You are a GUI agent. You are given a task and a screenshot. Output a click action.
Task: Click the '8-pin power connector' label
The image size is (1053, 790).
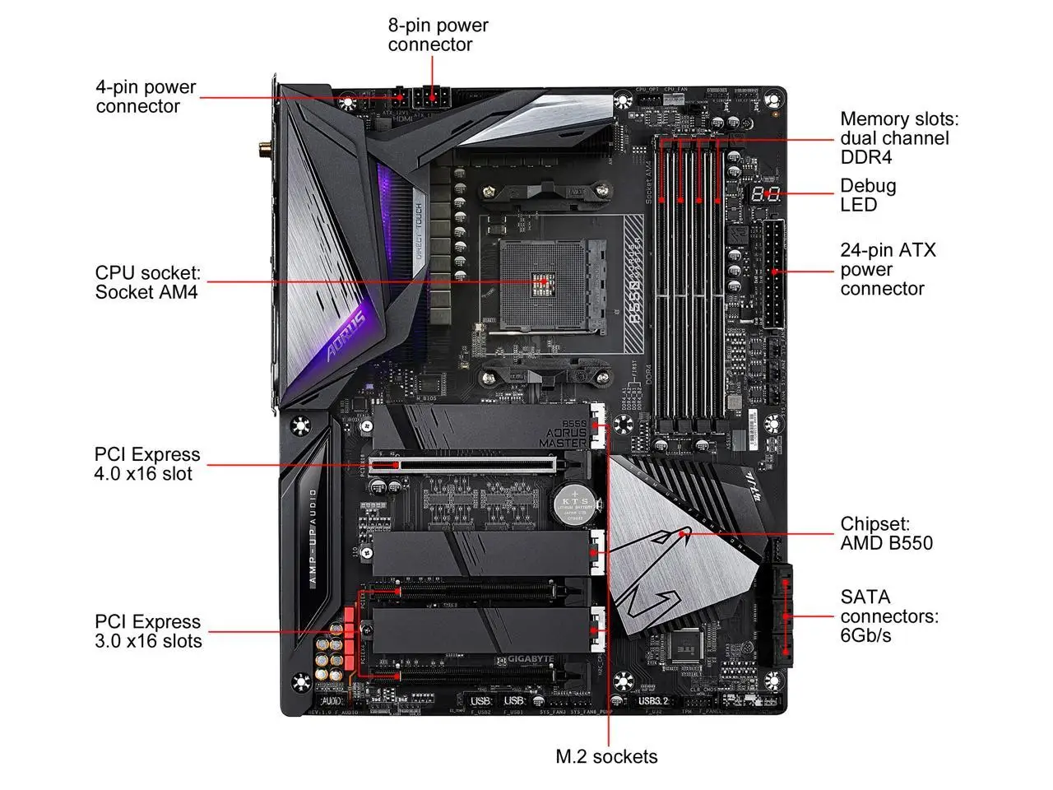(438, 35)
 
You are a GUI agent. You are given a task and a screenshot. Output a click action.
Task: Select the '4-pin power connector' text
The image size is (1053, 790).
(146, 96)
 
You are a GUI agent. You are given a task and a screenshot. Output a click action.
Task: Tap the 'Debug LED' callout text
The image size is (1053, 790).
(868, 195)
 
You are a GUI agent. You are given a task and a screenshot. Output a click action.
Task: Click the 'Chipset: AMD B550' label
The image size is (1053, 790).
(886, 533)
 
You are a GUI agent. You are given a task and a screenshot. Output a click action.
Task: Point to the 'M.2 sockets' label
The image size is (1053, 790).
(606, 756)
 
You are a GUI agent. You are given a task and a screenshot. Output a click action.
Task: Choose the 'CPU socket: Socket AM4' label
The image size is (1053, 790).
(147, 282)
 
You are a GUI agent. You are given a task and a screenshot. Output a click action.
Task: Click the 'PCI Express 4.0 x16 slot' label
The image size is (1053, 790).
(146, 464)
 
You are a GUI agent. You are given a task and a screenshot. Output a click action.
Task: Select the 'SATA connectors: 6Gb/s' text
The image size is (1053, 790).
(888, 616)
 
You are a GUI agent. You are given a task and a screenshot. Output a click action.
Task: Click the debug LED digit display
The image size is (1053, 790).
(766, 195)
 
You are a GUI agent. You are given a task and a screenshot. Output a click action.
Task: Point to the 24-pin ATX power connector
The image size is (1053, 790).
(772, 273)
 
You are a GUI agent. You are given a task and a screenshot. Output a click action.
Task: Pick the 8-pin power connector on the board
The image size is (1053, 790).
(429, 98)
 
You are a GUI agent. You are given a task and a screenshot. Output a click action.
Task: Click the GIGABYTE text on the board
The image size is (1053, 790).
(523, 660)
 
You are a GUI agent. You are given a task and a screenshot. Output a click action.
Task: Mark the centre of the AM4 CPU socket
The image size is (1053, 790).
(544, 281)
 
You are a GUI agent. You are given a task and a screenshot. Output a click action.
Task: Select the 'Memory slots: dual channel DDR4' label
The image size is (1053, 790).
(898, 138)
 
